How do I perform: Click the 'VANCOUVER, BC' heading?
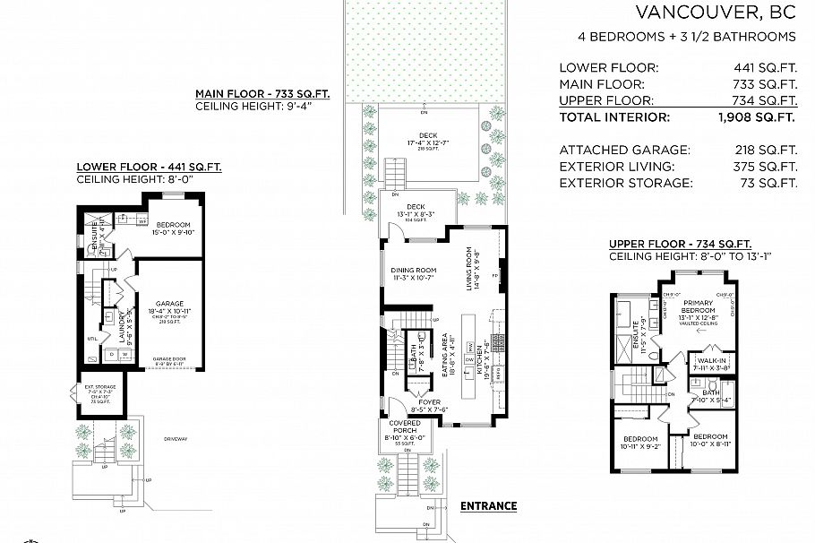(715, 13)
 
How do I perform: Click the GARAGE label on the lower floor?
(169, 304)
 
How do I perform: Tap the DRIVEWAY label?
(176, 438)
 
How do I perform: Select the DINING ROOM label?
(413, 271)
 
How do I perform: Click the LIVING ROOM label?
(468, 270)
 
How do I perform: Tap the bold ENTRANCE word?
(488, 505)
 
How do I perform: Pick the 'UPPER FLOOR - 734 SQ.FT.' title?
(680, 244)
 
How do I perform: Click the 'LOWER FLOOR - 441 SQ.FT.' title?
(149, 167)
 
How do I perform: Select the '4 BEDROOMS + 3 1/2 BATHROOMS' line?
(687, 37)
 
